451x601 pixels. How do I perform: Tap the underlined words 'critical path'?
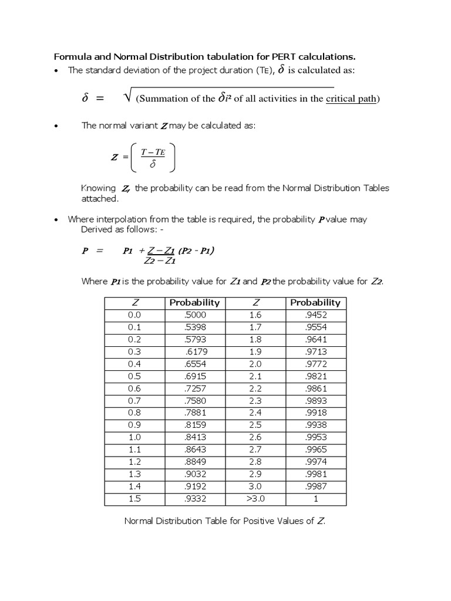pos(351,99)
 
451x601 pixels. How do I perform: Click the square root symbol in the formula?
pos(127,97)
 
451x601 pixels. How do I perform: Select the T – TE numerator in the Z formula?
pos(152,153)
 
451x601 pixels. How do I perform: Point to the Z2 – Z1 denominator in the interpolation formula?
pos(145,261)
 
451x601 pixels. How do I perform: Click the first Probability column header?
pos(194,302)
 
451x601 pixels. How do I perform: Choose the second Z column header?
pos(256,302)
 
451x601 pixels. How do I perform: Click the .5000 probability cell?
pos(194,315)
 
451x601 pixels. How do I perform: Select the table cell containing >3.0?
pos(256,498)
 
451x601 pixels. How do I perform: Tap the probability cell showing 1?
pos(315,498)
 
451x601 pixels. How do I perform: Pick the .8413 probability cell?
pos(194,437)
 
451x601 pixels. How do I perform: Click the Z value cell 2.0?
pos(256,364)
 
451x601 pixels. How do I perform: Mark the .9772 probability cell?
pos(315,364)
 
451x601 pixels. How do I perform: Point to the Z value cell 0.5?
pos(134,376)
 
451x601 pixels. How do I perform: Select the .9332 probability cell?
pos(194,498)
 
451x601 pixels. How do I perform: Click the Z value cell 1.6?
pos(256,315)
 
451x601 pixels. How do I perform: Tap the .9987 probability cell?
pos(315,486)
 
